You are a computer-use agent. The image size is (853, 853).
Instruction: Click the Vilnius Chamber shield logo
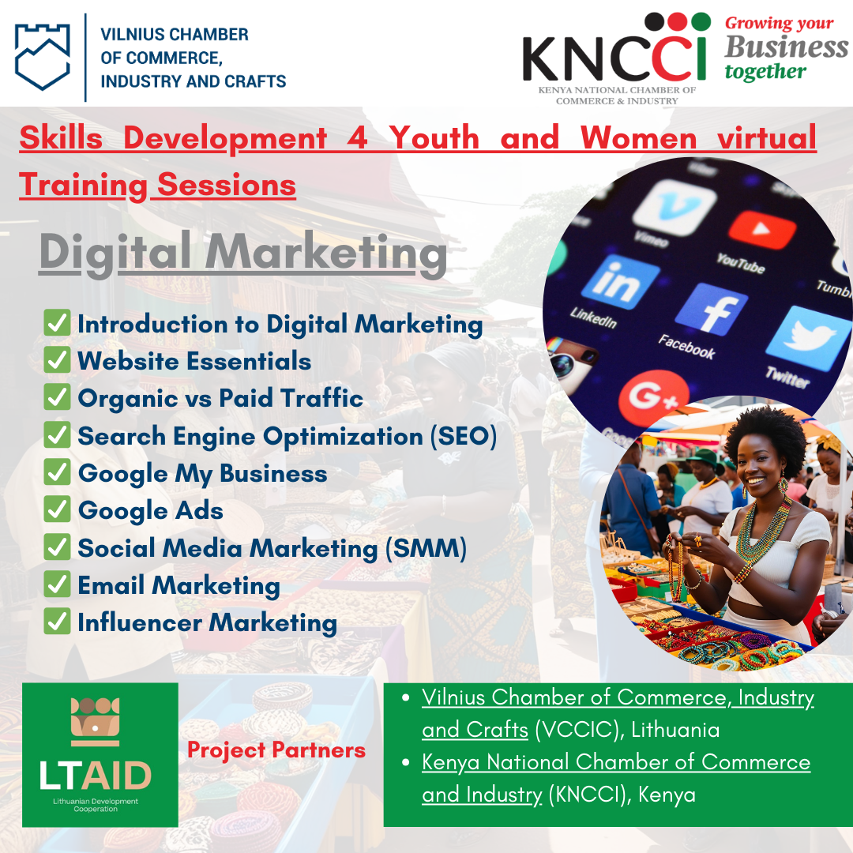42,57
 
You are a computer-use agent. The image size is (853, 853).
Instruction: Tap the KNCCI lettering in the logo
614,58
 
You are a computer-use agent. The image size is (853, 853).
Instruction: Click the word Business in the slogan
786,47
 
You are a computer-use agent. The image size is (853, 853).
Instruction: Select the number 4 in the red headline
357,137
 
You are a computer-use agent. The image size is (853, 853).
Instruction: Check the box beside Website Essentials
57,360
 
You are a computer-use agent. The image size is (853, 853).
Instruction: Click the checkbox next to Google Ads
57,509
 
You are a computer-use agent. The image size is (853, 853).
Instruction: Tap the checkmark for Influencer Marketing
57,622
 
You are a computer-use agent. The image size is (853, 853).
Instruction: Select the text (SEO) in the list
464,436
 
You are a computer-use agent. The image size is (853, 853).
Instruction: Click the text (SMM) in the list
426,548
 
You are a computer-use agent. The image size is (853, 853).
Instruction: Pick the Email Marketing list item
179,586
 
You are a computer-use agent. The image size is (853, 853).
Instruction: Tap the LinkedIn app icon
620,281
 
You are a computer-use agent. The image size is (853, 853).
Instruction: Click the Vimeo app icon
675,207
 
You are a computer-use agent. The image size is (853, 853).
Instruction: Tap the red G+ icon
653,397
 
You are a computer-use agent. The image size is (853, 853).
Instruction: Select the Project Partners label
276,750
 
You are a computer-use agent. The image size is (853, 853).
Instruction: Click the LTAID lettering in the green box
96,776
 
